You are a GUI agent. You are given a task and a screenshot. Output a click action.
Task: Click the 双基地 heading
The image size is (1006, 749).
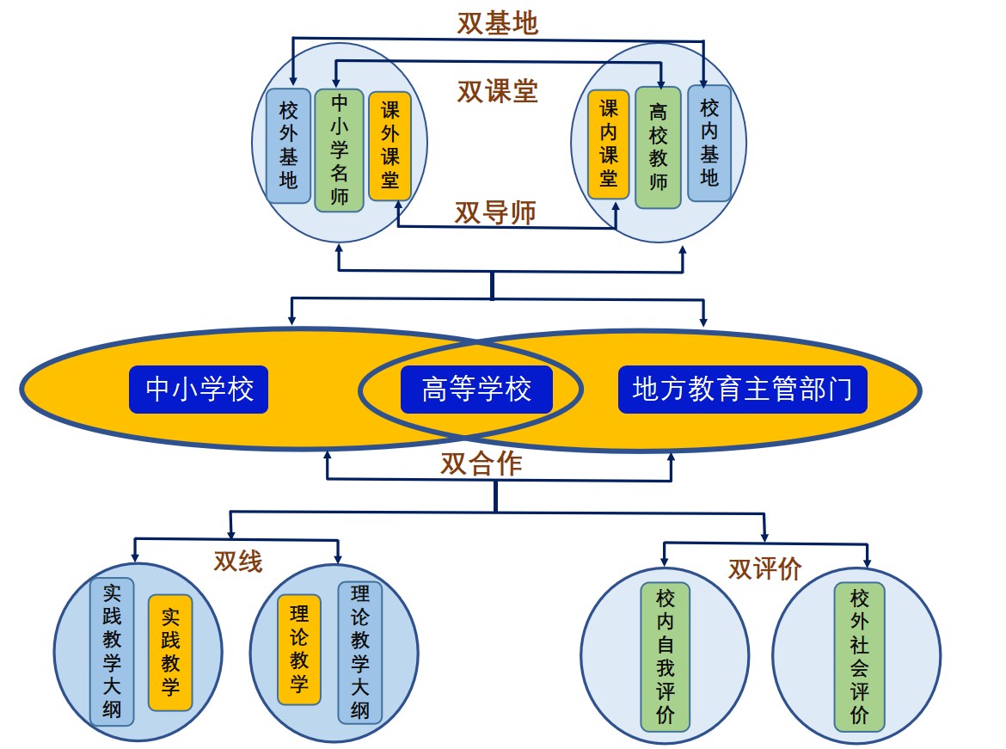497,23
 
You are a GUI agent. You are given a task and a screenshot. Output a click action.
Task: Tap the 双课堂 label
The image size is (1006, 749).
497,91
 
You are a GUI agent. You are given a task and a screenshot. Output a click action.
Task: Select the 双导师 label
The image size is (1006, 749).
495,212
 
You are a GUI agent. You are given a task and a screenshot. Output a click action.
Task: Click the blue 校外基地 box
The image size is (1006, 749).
289,145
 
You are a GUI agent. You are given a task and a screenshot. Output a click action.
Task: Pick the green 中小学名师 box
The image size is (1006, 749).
340,150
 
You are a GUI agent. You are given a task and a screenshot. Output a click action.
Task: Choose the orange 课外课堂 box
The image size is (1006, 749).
390,145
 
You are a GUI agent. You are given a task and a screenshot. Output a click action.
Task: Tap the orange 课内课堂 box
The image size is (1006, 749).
609,144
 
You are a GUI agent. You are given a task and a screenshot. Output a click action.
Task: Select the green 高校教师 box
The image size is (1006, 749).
659,148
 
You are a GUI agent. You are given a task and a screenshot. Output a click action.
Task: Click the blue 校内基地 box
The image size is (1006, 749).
709,143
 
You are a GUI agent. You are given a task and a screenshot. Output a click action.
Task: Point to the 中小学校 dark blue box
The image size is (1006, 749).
199,390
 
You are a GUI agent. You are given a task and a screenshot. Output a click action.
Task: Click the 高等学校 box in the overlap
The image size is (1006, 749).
476,390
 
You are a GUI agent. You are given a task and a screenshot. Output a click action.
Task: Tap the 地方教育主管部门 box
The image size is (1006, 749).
742,390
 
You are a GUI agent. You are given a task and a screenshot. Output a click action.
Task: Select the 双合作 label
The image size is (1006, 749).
482,464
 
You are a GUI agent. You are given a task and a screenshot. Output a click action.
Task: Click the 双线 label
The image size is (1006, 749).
238,562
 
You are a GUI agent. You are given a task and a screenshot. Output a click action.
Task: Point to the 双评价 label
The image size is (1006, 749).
764,568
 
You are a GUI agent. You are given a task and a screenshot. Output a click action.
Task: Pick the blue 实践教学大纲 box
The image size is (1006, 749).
112,652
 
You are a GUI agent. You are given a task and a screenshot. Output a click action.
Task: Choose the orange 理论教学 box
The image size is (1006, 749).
299,649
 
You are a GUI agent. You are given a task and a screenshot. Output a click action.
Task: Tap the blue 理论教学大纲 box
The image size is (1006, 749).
360,652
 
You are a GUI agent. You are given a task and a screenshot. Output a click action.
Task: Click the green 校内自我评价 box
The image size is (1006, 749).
666,657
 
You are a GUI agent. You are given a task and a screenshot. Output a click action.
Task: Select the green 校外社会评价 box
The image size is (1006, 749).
860,657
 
